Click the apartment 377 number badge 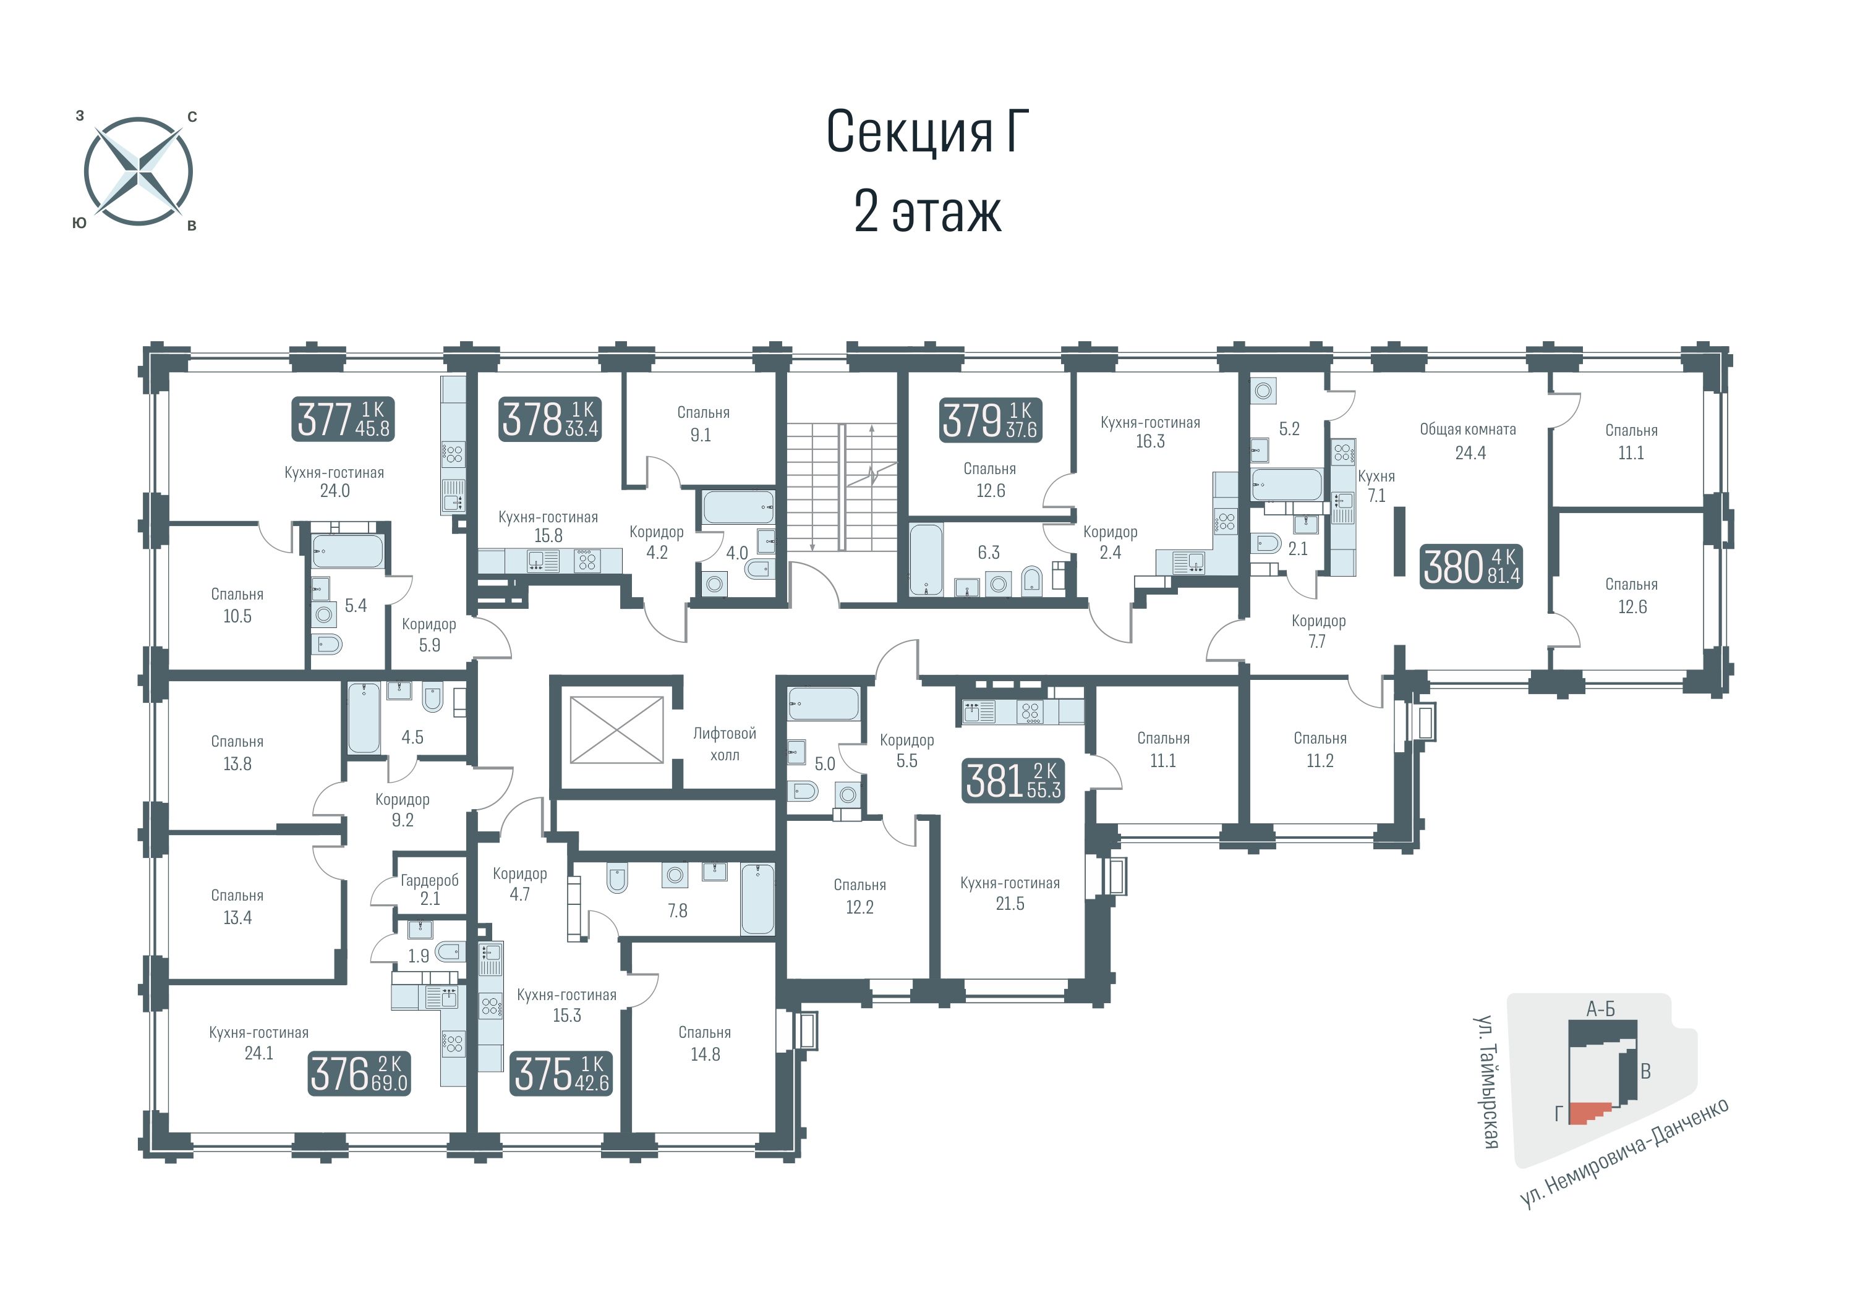tap(343, 419)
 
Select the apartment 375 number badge tap(561, 1074)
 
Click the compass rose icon tap(138, 171)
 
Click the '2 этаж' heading tap(927, 213)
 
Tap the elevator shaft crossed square tap(616, 730)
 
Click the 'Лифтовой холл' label tap(725, 744)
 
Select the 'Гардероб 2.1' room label tap(430, 889)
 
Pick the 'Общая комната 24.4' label tap(1469, 441)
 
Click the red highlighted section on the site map tap(1589, 1114)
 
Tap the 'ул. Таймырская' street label tap(1486, 1082)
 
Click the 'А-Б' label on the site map tap(1600, 1009)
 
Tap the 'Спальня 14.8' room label tap(704, 1043)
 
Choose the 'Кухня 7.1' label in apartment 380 tap(1376, 485)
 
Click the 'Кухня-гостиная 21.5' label tap(1010, 893)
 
